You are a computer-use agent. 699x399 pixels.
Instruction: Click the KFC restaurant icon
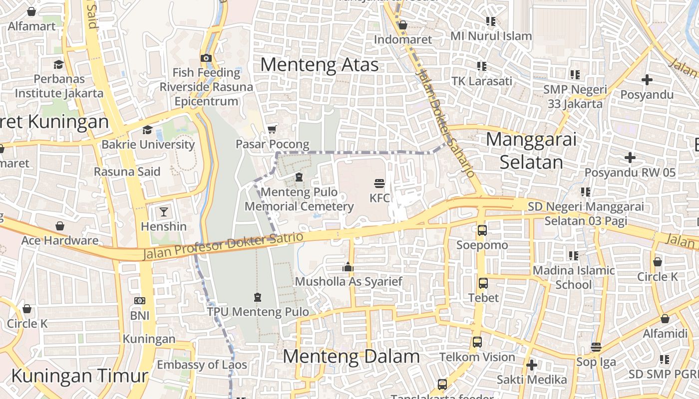[379, 183]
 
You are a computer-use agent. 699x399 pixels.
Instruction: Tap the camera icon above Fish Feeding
[206, 58]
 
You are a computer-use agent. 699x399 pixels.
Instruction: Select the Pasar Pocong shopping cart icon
[272, 129]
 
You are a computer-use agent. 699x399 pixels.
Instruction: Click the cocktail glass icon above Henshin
[164, 211]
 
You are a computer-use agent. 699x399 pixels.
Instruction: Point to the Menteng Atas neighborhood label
[319, 65]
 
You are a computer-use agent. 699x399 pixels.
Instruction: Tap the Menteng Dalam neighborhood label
[351, 357]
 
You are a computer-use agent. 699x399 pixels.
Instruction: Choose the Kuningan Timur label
[80, 376]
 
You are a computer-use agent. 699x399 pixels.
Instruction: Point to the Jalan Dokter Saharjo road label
[445, 122]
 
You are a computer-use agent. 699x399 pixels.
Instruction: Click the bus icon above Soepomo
[482, 230]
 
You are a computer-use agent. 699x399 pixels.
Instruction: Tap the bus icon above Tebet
[483, 283]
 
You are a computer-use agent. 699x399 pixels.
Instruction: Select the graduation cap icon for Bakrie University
[147, 130]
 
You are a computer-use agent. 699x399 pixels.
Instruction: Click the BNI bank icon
[140, 301]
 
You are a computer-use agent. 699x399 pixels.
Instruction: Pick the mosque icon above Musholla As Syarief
[348, 267]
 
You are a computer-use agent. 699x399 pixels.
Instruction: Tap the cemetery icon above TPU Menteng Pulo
[258, 297]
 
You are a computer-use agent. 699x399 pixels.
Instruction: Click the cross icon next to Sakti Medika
[532, 365]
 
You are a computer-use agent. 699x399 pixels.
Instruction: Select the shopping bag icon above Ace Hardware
[60, 226]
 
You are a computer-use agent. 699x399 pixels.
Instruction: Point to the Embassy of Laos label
[202, 365]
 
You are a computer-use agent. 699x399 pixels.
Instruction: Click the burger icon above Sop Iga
[596, 347]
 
